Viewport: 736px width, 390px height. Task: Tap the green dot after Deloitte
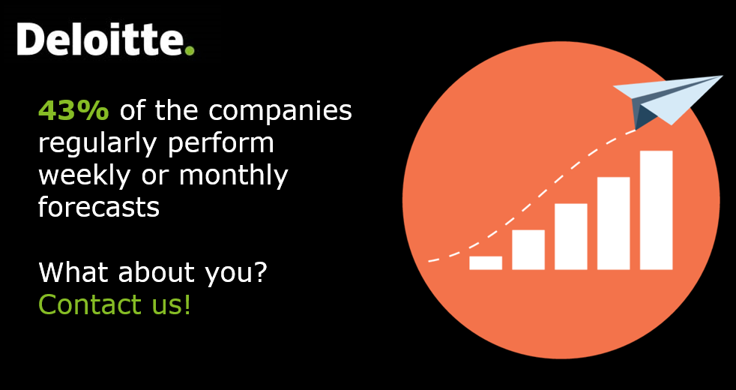(x=190, y=50)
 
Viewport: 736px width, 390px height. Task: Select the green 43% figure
(x=73, y=111)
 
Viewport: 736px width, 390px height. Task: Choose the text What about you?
(x=152, y=272)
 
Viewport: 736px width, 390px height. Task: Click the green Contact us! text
(x=115, y=304)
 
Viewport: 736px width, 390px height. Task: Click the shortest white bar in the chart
(x=486, y=262)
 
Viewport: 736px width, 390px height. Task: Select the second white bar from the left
(x=528, y=249)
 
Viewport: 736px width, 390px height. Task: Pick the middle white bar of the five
(x=571, y=236)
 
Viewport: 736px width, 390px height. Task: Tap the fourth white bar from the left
(x=613, y=223)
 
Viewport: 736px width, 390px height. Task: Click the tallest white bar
(x=656, y=210)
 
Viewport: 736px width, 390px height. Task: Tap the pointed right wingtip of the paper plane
(x=720, y=76)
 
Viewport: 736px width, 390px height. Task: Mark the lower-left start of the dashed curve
(x=430, y=261)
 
